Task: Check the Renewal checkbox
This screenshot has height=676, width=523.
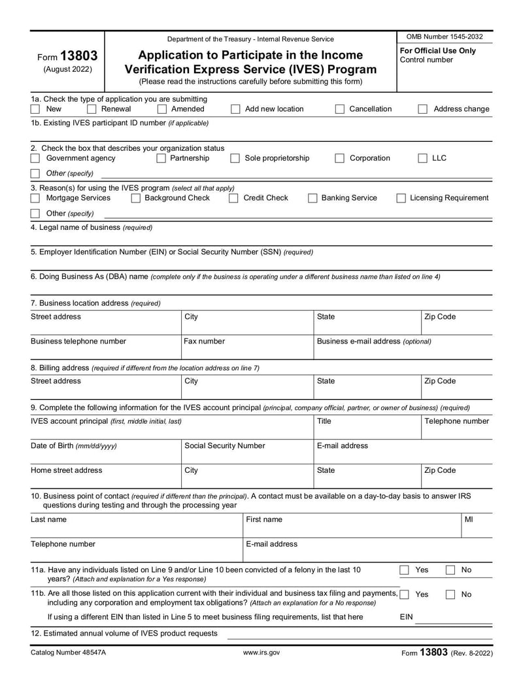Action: click(x=92, y=109)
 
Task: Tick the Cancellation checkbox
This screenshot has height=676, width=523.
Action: click(x=339, y=109)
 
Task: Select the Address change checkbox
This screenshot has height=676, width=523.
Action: click(x=423, y=109)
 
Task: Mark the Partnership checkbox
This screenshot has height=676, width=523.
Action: click(x=161, y=158)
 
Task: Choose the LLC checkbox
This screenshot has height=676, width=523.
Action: click(x=423, y=158)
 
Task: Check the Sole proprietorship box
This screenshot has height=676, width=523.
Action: click(x=235, y=158)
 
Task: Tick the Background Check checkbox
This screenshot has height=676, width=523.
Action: click(x=136, y=198)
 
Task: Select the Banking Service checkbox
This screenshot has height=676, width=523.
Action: click(x=312, y=198)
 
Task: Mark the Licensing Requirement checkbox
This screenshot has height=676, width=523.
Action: click(x=401, y=198)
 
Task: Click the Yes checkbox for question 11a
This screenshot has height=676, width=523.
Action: click(x=405, y=570)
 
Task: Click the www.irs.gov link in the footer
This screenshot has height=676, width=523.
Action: click(x=261, y=652)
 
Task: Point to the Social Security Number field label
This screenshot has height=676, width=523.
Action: click(x=225, y=445)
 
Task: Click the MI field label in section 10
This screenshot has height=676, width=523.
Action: click(x=469, y=519)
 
